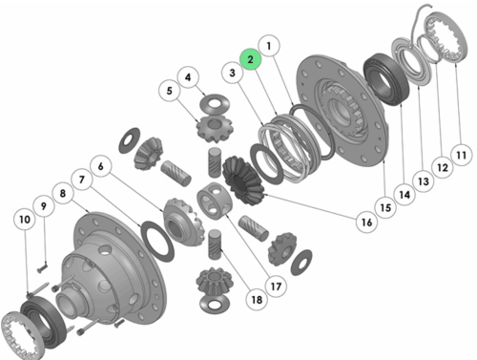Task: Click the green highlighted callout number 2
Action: (250, 59)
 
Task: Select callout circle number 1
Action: (269, 46)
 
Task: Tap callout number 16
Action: (366, 222)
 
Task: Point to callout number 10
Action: (25, 220)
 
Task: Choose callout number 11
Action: (461, 155)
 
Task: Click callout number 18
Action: (257, 300)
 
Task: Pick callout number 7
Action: (82, 180)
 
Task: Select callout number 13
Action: (424, 181)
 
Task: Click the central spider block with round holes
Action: (213, 201)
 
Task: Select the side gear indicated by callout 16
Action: (243, 180)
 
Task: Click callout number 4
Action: (188, 77)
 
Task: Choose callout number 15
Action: (385, 208)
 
